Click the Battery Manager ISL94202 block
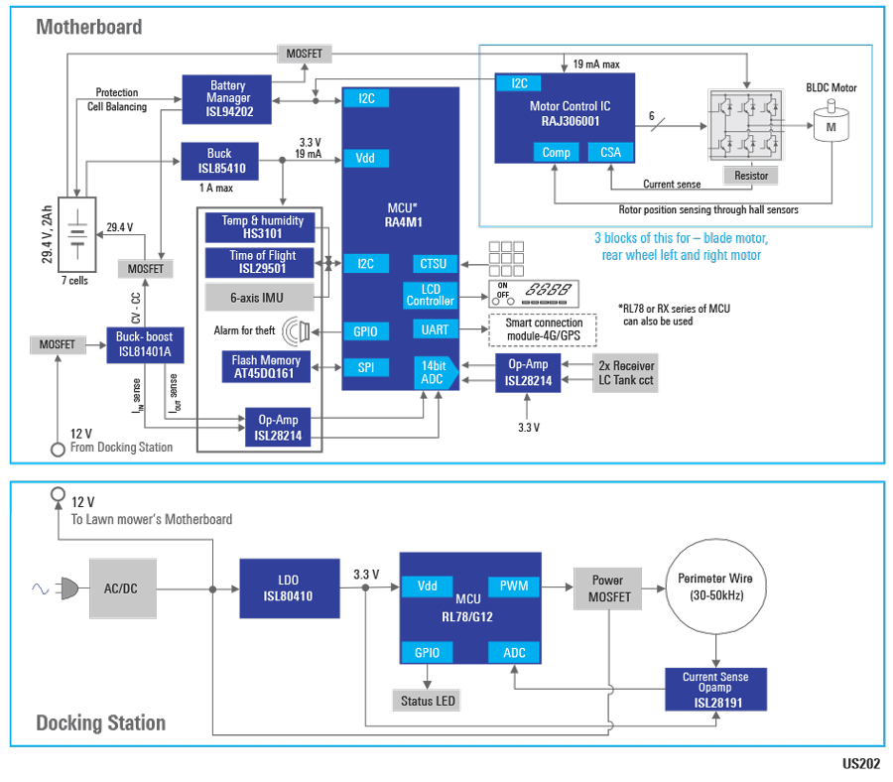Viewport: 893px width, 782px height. [x=227, y=98]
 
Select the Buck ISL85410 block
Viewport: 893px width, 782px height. [x=219, y=161]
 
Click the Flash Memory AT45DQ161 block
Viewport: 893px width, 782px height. [x=265, y=367]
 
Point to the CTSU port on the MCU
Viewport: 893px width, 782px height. [x=435, y=264]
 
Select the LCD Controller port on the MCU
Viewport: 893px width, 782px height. [x=431, y=295]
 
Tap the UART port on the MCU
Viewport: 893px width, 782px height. [x=435, y=329]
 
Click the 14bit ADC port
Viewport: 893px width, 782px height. [x=433, y=373]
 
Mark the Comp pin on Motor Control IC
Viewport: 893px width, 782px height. [x=556, y=152]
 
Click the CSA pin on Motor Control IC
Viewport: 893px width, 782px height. [x=610, y=152]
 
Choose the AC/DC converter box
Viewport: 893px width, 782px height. [x=121, y=588]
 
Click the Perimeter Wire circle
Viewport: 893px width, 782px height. [x=714, y=587]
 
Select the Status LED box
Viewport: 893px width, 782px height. [x=428, y=702]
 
